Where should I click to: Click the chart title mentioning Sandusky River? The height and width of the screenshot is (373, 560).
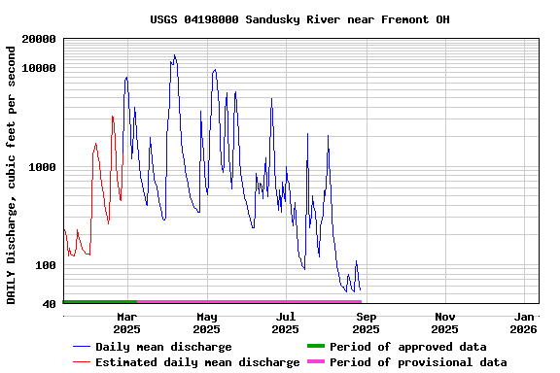click(x=299, y=19)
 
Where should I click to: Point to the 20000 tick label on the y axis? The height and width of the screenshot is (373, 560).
click(x=38, y=40)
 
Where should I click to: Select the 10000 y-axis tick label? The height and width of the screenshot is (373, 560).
click(x=38, y=68)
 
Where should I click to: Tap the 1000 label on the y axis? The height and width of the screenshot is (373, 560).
click(x=42, y=167)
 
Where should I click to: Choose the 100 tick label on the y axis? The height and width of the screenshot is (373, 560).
click(x=46, y=266)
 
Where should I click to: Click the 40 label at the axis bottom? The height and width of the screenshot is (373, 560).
click(x=49, y=305)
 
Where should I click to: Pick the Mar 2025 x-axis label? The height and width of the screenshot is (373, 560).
click(x=126, y=322)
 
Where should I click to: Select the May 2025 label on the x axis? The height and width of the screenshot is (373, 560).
click(x=206, y=322)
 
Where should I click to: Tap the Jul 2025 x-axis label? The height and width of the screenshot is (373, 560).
click(x=286, y=322)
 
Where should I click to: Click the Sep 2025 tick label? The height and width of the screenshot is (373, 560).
click(x=366, y=322)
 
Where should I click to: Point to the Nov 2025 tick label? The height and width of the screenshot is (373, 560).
click(x=444, y=322)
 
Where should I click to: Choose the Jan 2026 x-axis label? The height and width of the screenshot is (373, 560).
click(x=524, y=322)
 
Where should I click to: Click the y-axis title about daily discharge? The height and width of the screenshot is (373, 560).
click(x=13, y=172)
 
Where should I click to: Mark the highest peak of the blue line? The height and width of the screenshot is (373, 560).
click(x=174, y=55)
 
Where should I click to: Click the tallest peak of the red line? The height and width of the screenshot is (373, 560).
click(x=113, y=117)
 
